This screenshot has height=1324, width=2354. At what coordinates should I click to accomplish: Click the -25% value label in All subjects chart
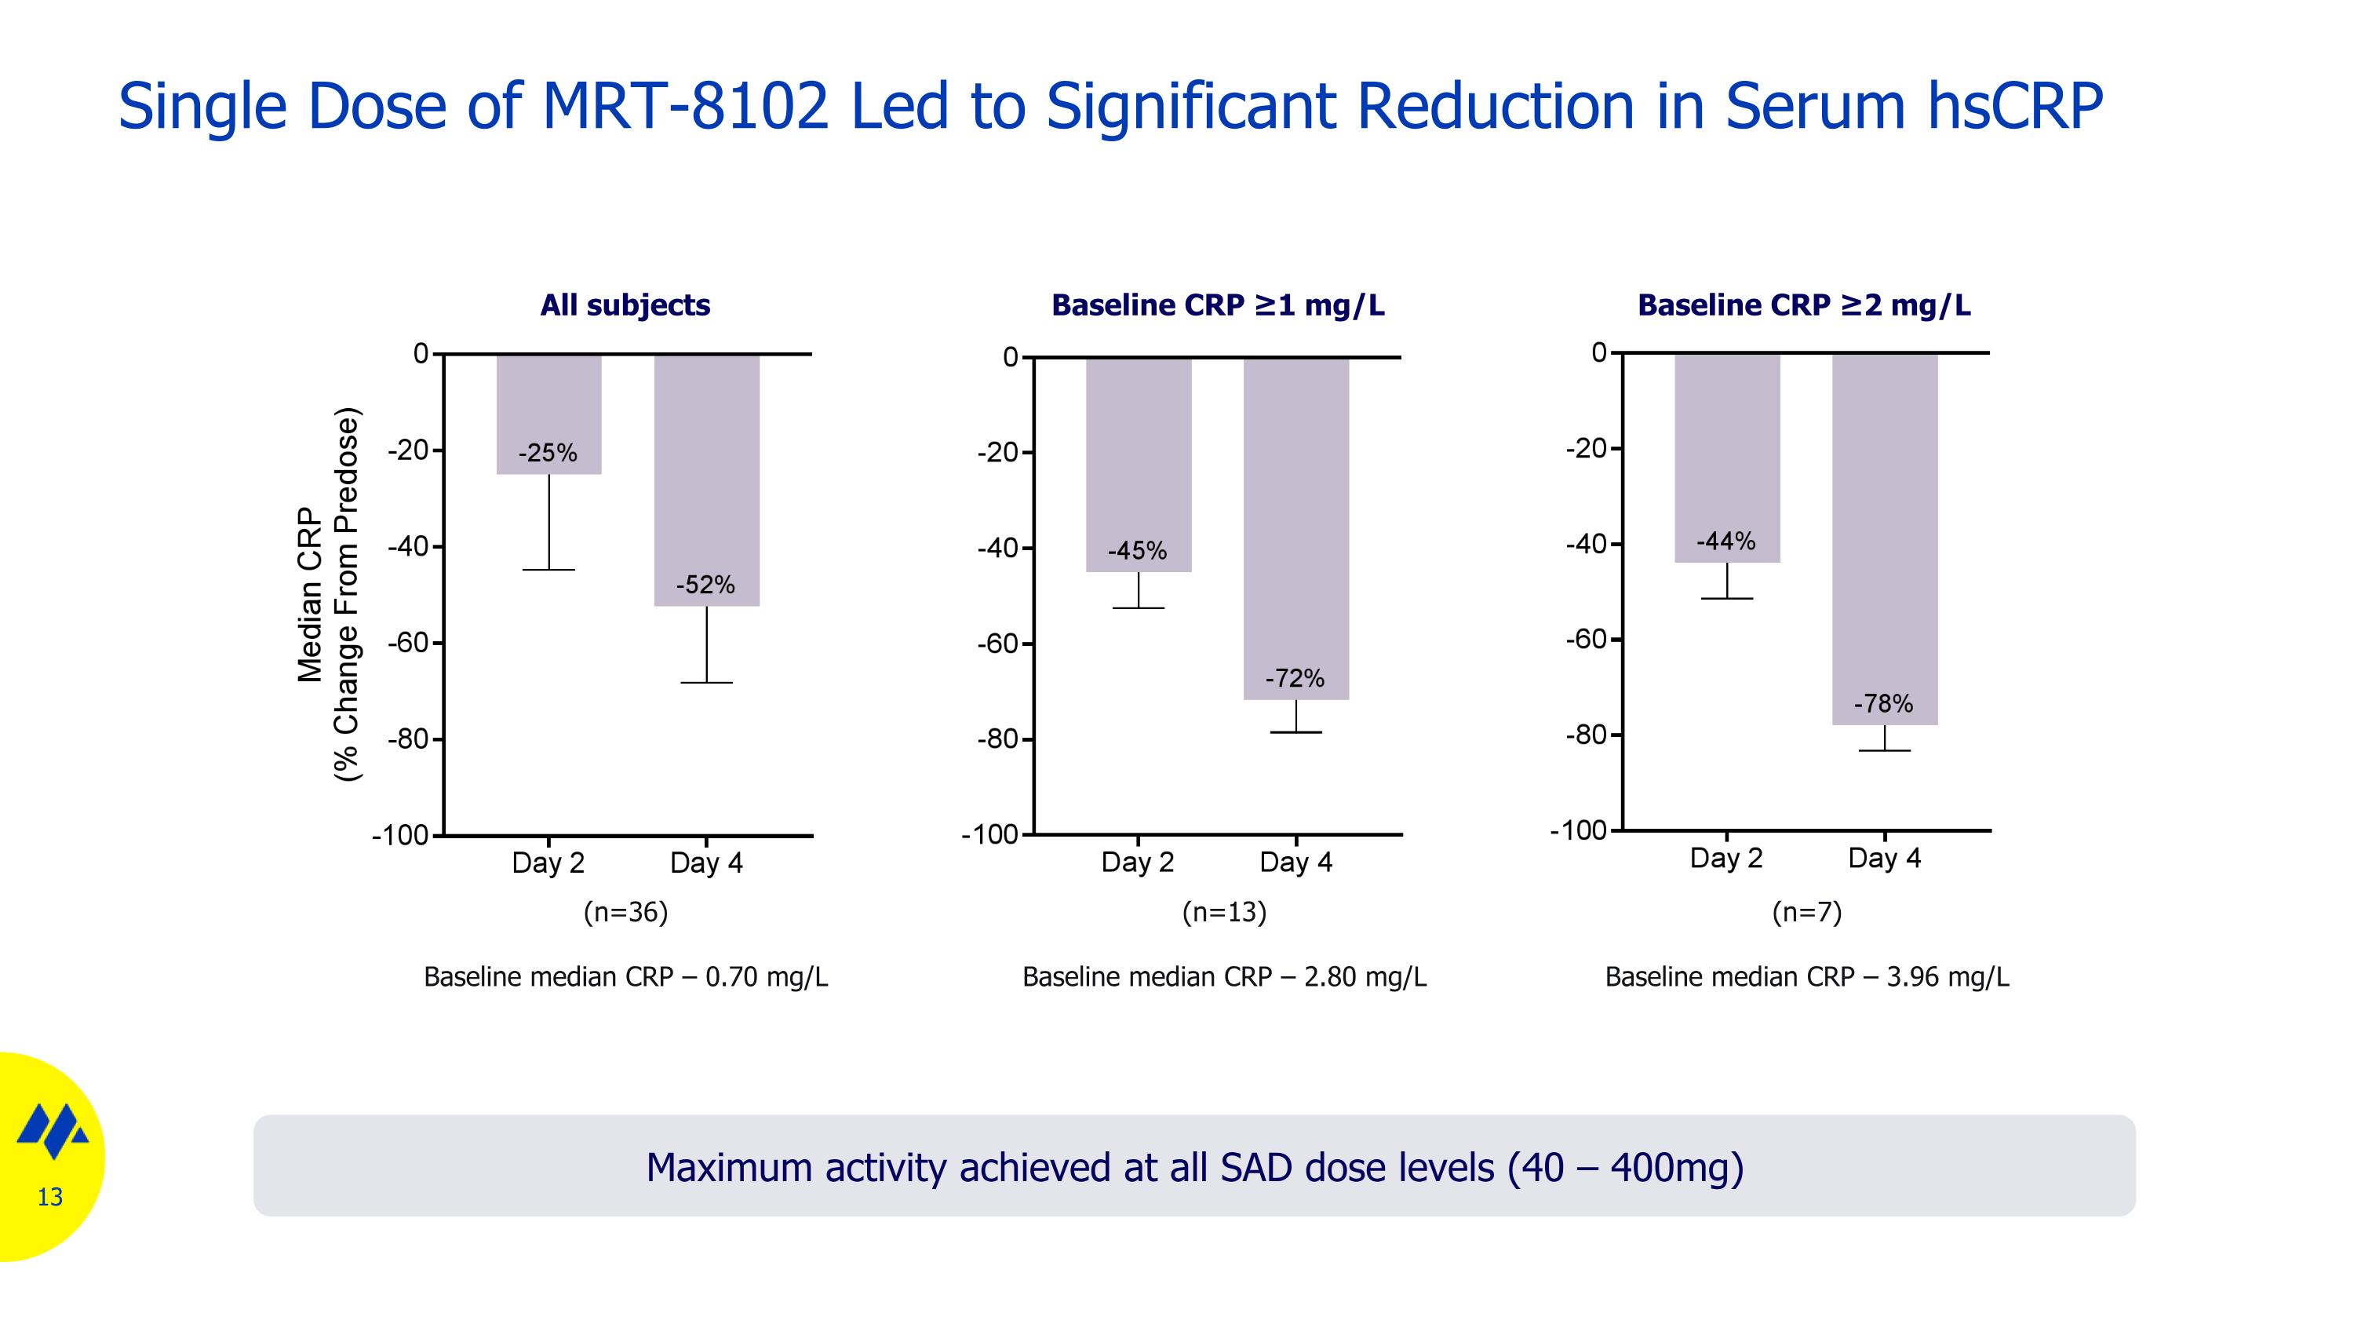548,453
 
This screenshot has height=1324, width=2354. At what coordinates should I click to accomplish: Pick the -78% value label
1882,703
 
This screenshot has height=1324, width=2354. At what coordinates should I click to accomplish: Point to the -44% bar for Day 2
1726,457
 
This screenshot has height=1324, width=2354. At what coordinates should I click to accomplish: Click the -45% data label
1137,551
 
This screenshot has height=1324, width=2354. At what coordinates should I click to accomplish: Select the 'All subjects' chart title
625,305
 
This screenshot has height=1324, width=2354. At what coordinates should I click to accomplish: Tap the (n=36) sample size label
626,912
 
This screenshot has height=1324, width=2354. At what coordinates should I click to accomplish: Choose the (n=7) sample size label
1806,912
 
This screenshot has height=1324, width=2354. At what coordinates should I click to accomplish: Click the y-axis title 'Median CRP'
311,594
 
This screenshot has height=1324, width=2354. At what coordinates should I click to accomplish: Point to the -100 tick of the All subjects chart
400,835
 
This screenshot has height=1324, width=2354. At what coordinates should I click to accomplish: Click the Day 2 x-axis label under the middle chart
1137,862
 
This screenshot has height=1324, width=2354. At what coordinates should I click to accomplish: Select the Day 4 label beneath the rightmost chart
1883,858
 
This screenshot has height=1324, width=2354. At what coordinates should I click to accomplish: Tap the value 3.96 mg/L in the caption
1948,977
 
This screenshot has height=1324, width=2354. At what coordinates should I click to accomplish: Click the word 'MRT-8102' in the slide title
685,106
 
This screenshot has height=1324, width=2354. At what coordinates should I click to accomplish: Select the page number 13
49,1197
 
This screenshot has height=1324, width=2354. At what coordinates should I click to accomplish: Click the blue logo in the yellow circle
53,1131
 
